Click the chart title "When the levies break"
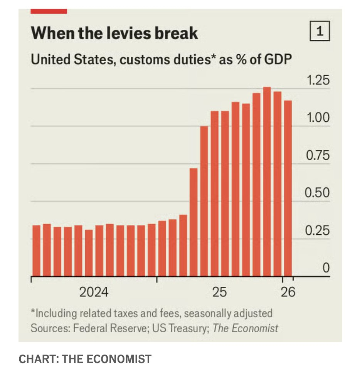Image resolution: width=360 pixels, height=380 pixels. pyautogui.click(x=114, y=33)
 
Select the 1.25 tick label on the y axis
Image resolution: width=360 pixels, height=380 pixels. pyautogui.click(x=318, y=81)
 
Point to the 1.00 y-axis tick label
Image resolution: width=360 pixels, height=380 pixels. pyautogui.click(x=318, y=118)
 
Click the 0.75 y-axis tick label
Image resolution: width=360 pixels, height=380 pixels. pyautogui.click(x=318, y=156)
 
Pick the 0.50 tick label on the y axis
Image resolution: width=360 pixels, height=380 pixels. pyautogui.click(x=318, y=193)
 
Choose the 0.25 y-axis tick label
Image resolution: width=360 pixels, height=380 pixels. pyautogui.click(x=318, y=231)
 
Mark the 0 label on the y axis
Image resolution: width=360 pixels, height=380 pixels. pyautogui.click(x=326, y=268)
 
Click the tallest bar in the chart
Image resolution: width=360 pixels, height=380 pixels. pyautogui.click(x=267, y=181)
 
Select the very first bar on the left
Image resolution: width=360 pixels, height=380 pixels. pyautogui.click(x=36, y=251)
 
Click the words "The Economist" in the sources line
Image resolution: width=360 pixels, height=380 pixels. pyautogui.click(x=246, y=328)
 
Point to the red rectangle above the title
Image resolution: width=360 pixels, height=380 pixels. pyautogui.click(x=49, y=11)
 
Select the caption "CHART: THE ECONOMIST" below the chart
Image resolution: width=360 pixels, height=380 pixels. pyautogui.click(x=85, y=359)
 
